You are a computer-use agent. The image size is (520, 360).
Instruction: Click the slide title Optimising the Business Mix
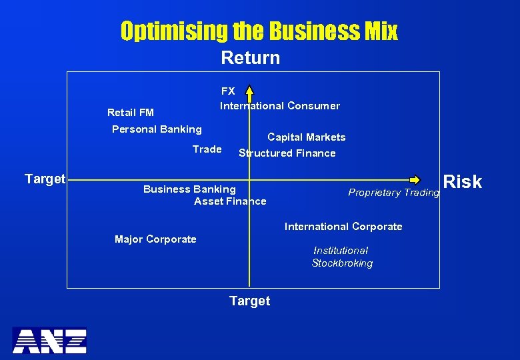coord(259,31)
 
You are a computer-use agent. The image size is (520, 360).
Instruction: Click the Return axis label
coord(250,58)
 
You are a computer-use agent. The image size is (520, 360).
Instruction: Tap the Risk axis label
coord(462,181)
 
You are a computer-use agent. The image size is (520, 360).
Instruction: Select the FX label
coord(228,91)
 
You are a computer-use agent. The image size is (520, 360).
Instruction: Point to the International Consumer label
coord(280,105)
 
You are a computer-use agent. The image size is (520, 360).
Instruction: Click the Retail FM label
coord(131,112)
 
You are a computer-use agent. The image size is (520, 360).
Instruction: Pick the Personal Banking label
coord(157,129)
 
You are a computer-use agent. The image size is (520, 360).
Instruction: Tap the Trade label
coord(207,149)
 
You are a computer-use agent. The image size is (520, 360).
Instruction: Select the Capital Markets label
coord(307,137)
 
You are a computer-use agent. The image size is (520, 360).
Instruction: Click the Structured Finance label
coord(287,153)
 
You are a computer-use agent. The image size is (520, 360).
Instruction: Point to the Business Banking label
coord(189,189)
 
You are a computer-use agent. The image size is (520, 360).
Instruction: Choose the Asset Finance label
coord(230,201)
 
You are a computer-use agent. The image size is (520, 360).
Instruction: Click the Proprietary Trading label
coord(393,193)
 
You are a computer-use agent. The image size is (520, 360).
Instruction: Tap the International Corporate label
coord(343,227)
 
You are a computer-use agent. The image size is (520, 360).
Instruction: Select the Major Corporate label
coord(155,239)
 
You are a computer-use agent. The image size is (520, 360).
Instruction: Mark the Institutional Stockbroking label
coord(342,257)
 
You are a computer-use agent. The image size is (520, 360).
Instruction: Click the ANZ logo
coord(49,341)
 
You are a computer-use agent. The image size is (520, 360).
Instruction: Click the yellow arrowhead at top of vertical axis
coord(249,89)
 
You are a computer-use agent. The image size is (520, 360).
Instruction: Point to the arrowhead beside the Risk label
coord(415,179)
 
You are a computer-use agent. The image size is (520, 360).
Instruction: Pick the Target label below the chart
coord(249,301)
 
